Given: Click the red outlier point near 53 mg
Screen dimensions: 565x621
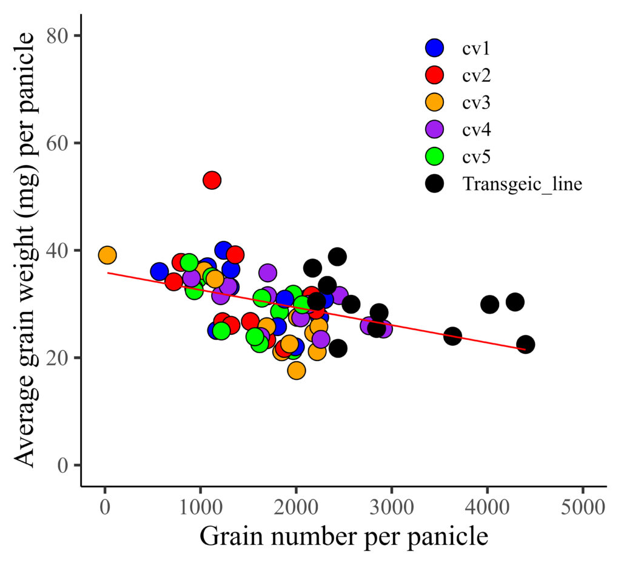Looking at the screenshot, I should click(x=212, y=180).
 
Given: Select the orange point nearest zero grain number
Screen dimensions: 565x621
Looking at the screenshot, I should click(x=107, y=255).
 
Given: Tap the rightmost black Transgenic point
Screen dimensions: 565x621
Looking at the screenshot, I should click(x=526, y=344).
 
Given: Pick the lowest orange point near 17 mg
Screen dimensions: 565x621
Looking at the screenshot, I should click(x=297, y=371).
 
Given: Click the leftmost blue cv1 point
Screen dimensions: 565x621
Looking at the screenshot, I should click(x=159, y=271).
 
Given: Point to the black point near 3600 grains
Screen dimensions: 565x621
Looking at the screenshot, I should click(x=452, y=336).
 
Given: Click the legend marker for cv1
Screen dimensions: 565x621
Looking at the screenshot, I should click(x=434, y=47).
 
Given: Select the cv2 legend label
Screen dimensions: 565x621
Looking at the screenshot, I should click(x=476, y=75).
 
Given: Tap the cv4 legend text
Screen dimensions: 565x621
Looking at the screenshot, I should click(x=476, y=129).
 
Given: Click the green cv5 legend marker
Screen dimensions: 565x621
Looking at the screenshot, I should click(x=434, y=156).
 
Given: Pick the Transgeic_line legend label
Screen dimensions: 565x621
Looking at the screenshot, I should click(x=522, y=184).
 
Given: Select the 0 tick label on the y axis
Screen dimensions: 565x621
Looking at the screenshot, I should click(x=63, y=465).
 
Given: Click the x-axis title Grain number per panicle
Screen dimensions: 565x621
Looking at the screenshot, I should click(x=344, y=536).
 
